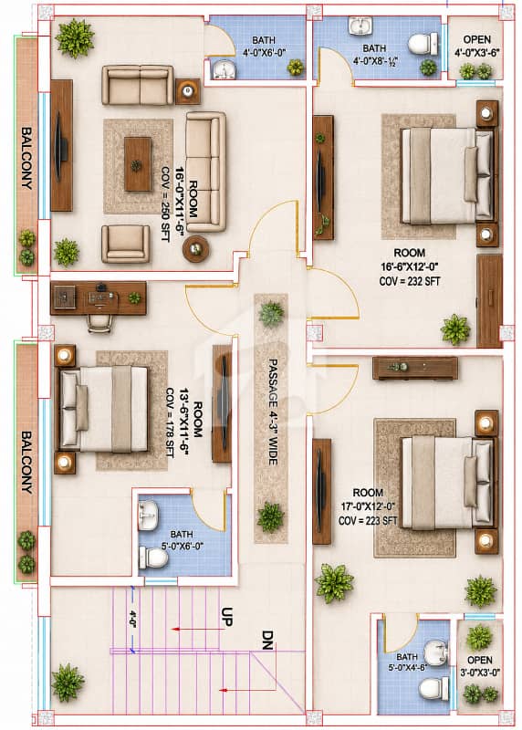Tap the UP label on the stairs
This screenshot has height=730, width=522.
pyautogui.click(x=226, y=617)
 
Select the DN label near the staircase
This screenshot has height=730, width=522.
pyautogui.click(x=266, y=640)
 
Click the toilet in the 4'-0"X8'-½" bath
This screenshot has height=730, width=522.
pyautogui.click(x=423, y=45)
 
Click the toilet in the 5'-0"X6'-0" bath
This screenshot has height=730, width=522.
pyautogui.click(x=153, y=558)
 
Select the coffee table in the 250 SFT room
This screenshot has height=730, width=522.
pyautogui.click(x=138, y=164)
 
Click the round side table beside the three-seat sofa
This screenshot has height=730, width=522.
pyautogui.click(x=195, y=249)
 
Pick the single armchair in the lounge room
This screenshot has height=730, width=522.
pyautogui.click(x=125, y=244)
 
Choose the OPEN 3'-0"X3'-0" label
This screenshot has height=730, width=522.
pyautogui.click(x=480, y=666)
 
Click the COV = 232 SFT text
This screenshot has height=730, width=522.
pyautogui.click(x=410, y=281)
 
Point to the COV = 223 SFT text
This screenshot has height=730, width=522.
pyautogui.click(x=368, y=520)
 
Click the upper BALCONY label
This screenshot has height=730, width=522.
pyautogui.click(x=27, y=158)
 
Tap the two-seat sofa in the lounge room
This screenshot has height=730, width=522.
pyautogui.click(x=138, y=85)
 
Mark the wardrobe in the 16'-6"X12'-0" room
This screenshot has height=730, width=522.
pyautogui.click(x=489, y=300)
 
